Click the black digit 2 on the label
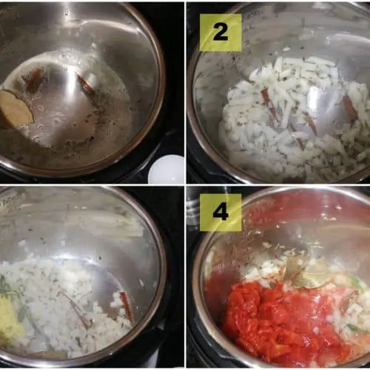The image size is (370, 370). [x=221, y=33]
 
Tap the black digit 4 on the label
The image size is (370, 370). [x=221, y=212]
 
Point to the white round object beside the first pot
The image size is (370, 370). [x=166, y=169]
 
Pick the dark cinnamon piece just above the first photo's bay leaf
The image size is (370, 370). [x=34, y=80]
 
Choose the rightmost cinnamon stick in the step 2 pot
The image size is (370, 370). [x=350, y=106]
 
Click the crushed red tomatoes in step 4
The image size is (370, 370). [x=279, y=318]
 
